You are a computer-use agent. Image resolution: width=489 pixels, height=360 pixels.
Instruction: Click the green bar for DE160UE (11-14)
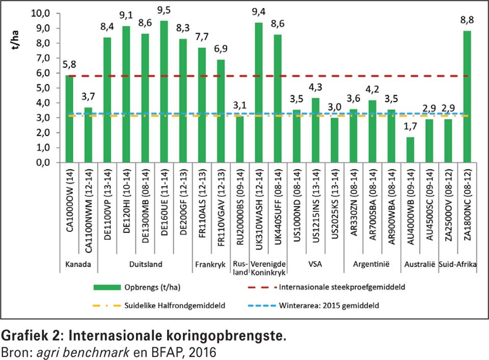tap(164, 92)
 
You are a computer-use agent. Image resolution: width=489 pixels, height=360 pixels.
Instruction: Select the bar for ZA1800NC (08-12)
tap(467, 97)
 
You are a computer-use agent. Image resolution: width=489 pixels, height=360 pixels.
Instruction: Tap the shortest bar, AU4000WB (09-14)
tap(411, 150)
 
